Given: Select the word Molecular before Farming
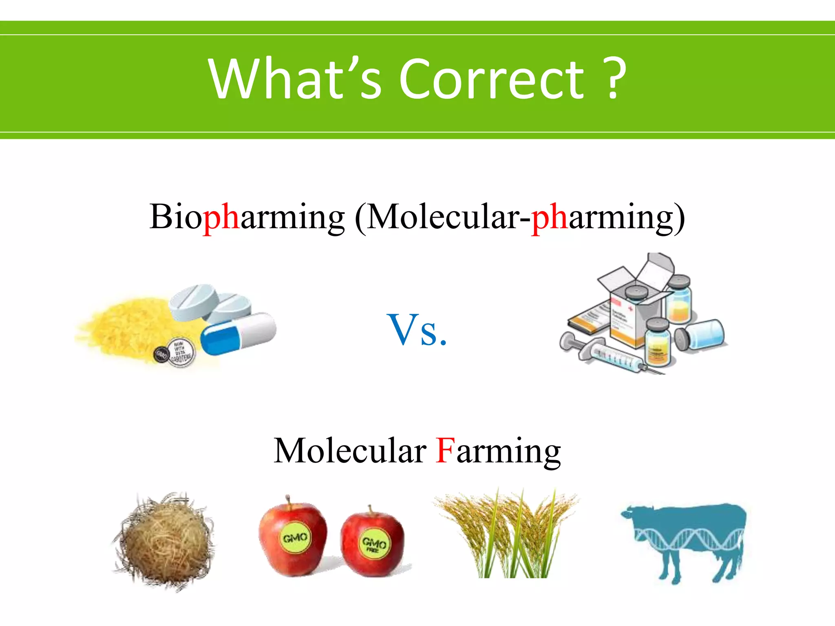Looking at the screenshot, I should tap(350, 450).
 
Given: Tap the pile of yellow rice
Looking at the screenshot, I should tap(126, 326).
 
